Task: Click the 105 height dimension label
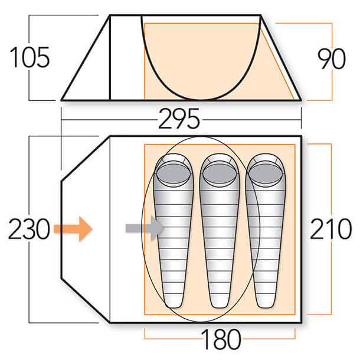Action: click(30, 57)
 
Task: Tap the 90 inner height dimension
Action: click(332, 59)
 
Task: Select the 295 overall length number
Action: click(179, 119)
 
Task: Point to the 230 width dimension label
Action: click(29, 229)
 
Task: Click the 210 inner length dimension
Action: click(331, 229)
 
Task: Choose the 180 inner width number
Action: click(221, 339)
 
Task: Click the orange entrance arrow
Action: click(73, 228)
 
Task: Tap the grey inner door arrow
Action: click(145, 228)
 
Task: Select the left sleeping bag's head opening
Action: click(174, 174)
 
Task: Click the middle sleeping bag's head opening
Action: click(220, 174)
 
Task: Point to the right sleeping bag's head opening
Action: click(266, 174)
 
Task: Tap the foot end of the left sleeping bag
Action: click(174, 303)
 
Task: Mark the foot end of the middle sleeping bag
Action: click(220, 303)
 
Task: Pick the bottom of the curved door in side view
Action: click(201, 100)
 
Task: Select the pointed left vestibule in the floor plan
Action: click(86, 229)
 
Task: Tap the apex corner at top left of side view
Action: click(110, 15)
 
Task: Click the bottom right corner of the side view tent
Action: click(301, 100)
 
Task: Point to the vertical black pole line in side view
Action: click(110, 58)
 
